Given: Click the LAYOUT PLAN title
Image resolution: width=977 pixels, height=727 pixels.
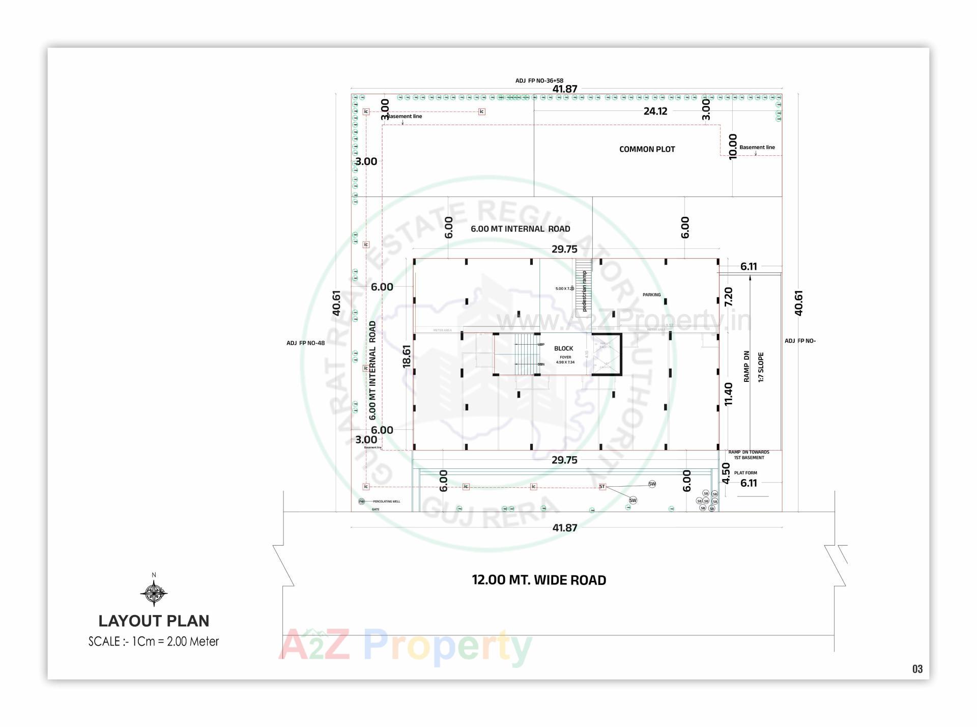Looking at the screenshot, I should tap(154, 621).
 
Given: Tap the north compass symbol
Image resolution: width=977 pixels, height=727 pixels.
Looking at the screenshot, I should tap(154, 593).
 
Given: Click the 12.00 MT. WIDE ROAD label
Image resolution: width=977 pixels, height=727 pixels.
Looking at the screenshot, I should tap(539, 580).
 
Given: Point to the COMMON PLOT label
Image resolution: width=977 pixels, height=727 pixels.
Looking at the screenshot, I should tap(647, 149).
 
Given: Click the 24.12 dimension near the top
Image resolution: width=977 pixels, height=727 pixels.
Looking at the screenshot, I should tap(655, 111).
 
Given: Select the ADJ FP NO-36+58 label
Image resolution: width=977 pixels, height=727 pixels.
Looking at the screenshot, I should tap(539, 80).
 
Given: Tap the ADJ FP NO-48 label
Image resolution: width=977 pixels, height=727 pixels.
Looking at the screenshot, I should tap(305, 343).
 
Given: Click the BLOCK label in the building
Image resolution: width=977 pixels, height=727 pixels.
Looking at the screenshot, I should tap(563, 348).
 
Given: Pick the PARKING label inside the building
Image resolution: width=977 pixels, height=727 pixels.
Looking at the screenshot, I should tap(651, 295).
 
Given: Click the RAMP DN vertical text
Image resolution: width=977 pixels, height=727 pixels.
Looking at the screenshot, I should tap(746, 366).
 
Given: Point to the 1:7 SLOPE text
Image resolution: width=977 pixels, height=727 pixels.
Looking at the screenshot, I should tap(761, 367).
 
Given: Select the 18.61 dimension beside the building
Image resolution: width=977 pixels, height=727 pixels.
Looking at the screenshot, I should tap(407, 356).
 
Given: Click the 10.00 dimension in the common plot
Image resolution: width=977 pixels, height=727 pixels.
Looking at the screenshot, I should tap(733, 147).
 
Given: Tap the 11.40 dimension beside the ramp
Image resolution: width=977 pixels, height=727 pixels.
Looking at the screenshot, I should tap(729, 394).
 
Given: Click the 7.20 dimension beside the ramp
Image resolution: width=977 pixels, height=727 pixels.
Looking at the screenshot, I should tap(729, 297).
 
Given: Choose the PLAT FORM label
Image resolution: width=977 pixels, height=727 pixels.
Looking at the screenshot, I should tap(745, 473).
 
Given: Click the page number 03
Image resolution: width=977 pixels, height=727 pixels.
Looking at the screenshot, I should tap(917, 669).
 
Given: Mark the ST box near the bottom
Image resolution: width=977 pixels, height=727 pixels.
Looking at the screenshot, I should tap(602, 487).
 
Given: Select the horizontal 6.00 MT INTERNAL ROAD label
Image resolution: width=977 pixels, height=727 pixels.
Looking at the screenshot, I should tap(520, 229).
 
